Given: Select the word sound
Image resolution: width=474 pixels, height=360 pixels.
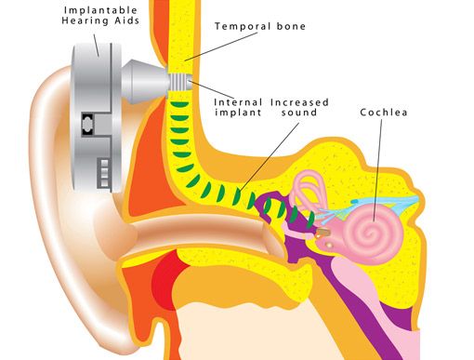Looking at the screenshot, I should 294,113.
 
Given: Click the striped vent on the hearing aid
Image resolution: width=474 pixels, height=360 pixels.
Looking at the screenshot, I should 102,171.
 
